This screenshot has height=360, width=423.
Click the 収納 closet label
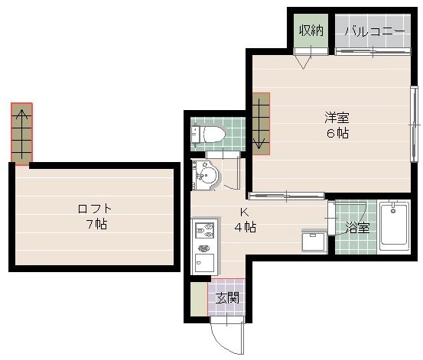pos(311,30)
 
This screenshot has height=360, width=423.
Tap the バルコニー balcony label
pos(375,31)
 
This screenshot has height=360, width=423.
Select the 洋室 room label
pos(337,117)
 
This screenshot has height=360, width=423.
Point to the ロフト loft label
pos(95,209)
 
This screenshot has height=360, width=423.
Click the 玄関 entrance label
pos(227,298)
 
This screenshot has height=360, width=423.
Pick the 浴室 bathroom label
pos(358,228)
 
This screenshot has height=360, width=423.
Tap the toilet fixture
pos(208,134)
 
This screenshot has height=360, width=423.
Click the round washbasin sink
pos(207,175)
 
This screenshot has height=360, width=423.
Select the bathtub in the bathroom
pos(394,227)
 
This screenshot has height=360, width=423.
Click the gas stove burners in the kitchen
pos(205,231)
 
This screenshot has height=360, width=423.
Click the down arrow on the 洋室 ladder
pos(259,124)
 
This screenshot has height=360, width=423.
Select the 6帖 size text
pos(337,133)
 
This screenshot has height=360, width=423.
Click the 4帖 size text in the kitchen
pos(246,227)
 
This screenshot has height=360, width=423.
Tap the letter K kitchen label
pos(245,212)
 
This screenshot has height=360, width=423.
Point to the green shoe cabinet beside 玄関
pos(199,299)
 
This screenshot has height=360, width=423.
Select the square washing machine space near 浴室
pos(314,242)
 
